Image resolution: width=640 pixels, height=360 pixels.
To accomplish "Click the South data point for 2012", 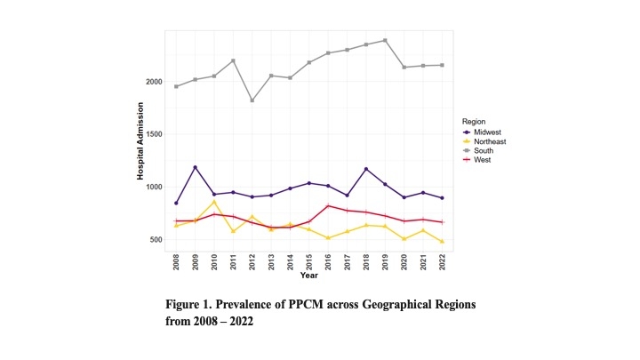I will tap(252, 100).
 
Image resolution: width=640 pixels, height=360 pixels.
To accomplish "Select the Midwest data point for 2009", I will tap(195, 167).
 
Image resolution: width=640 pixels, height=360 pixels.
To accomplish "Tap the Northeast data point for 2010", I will tap(214, 202).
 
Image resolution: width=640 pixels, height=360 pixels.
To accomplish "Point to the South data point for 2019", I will tap(385, 40).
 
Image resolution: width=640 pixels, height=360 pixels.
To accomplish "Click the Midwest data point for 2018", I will tap(366, 169).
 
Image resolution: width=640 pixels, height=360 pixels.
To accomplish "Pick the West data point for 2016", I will tap(328, 206).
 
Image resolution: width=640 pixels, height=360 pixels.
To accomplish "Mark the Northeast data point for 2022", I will tap(442, 242).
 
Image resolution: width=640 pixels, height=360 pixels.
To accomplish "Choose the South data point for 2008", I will tap(176, 86).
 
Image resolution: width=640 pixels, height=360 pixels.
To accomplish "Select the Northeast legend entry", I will tap(481, 141).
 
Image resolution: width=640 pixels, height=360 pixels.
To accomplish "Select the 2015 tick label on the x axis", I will tap(309, 262).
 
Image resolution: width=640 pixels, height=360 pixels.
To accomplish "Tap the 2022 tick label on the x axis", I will tap(442, 262).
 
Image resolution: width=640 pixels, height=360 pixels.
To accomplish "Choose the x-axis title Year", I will tap(308, 276).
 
